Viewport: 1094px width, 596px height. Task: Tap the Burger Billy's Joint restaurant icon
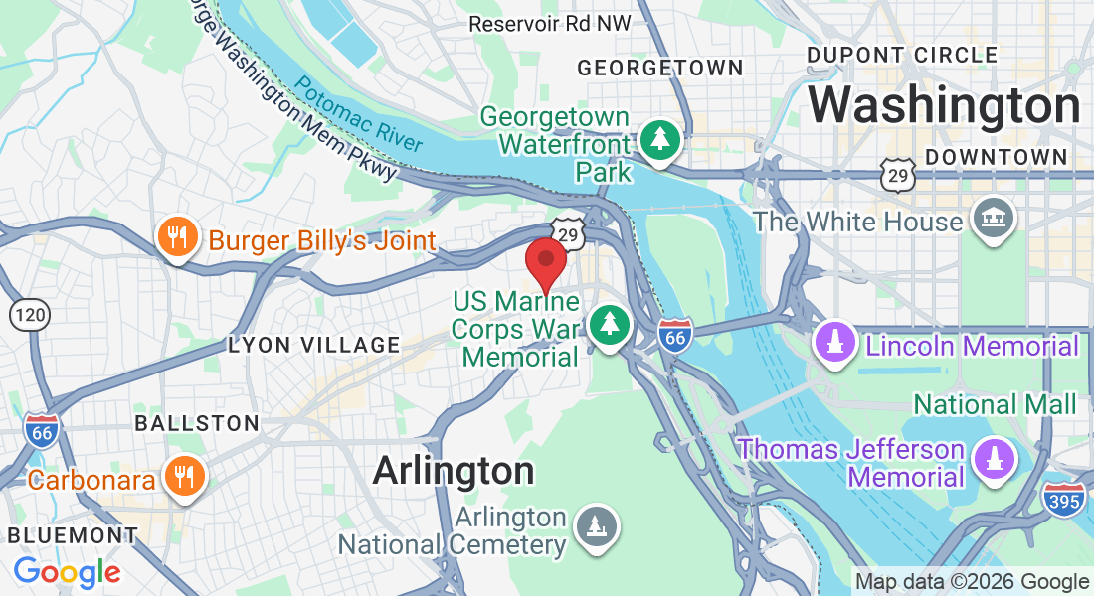click(x=178, y=238)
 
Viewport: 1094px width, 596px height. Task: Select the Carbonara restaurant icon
click(x=184, y=478)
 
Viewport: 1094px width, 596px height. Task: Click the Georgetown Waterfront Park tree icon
click(x=658, y=139)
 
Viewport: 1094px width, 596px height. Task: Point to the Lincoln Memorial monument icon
click(x=835, y=343)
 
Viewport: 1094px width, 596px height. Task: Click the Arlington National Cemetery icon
click(x=597, y=525)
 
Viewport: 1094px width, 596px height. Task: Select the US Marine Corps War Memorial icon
click(x=609, y=325)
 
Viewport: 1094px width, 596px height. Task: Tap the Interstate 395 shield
click(x=1063, y=500)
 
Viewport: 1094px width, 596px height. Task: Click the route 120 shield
click(x=30, y=315)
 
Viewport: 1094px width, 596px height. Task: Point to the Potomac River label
click(x=357, y=116)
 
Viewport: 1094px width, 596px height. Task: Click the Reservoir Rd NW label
click(x=549, y=24)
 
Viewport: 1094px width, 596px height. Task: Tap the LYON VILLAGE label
click(x=314, y=346)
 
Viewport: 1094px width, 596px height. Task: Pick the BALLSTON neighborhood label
click(x=197, y=423)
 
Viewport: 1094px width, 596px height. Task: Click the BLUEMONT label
click(x=73, y=535)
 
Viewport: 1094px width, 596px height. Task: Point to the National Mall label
click(x=995, y=404)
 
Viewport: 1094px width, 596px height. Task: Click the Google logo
click(x=67, y=572)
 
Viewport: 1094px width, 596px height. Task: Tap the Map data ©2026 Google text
click(x=972, y=582)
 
